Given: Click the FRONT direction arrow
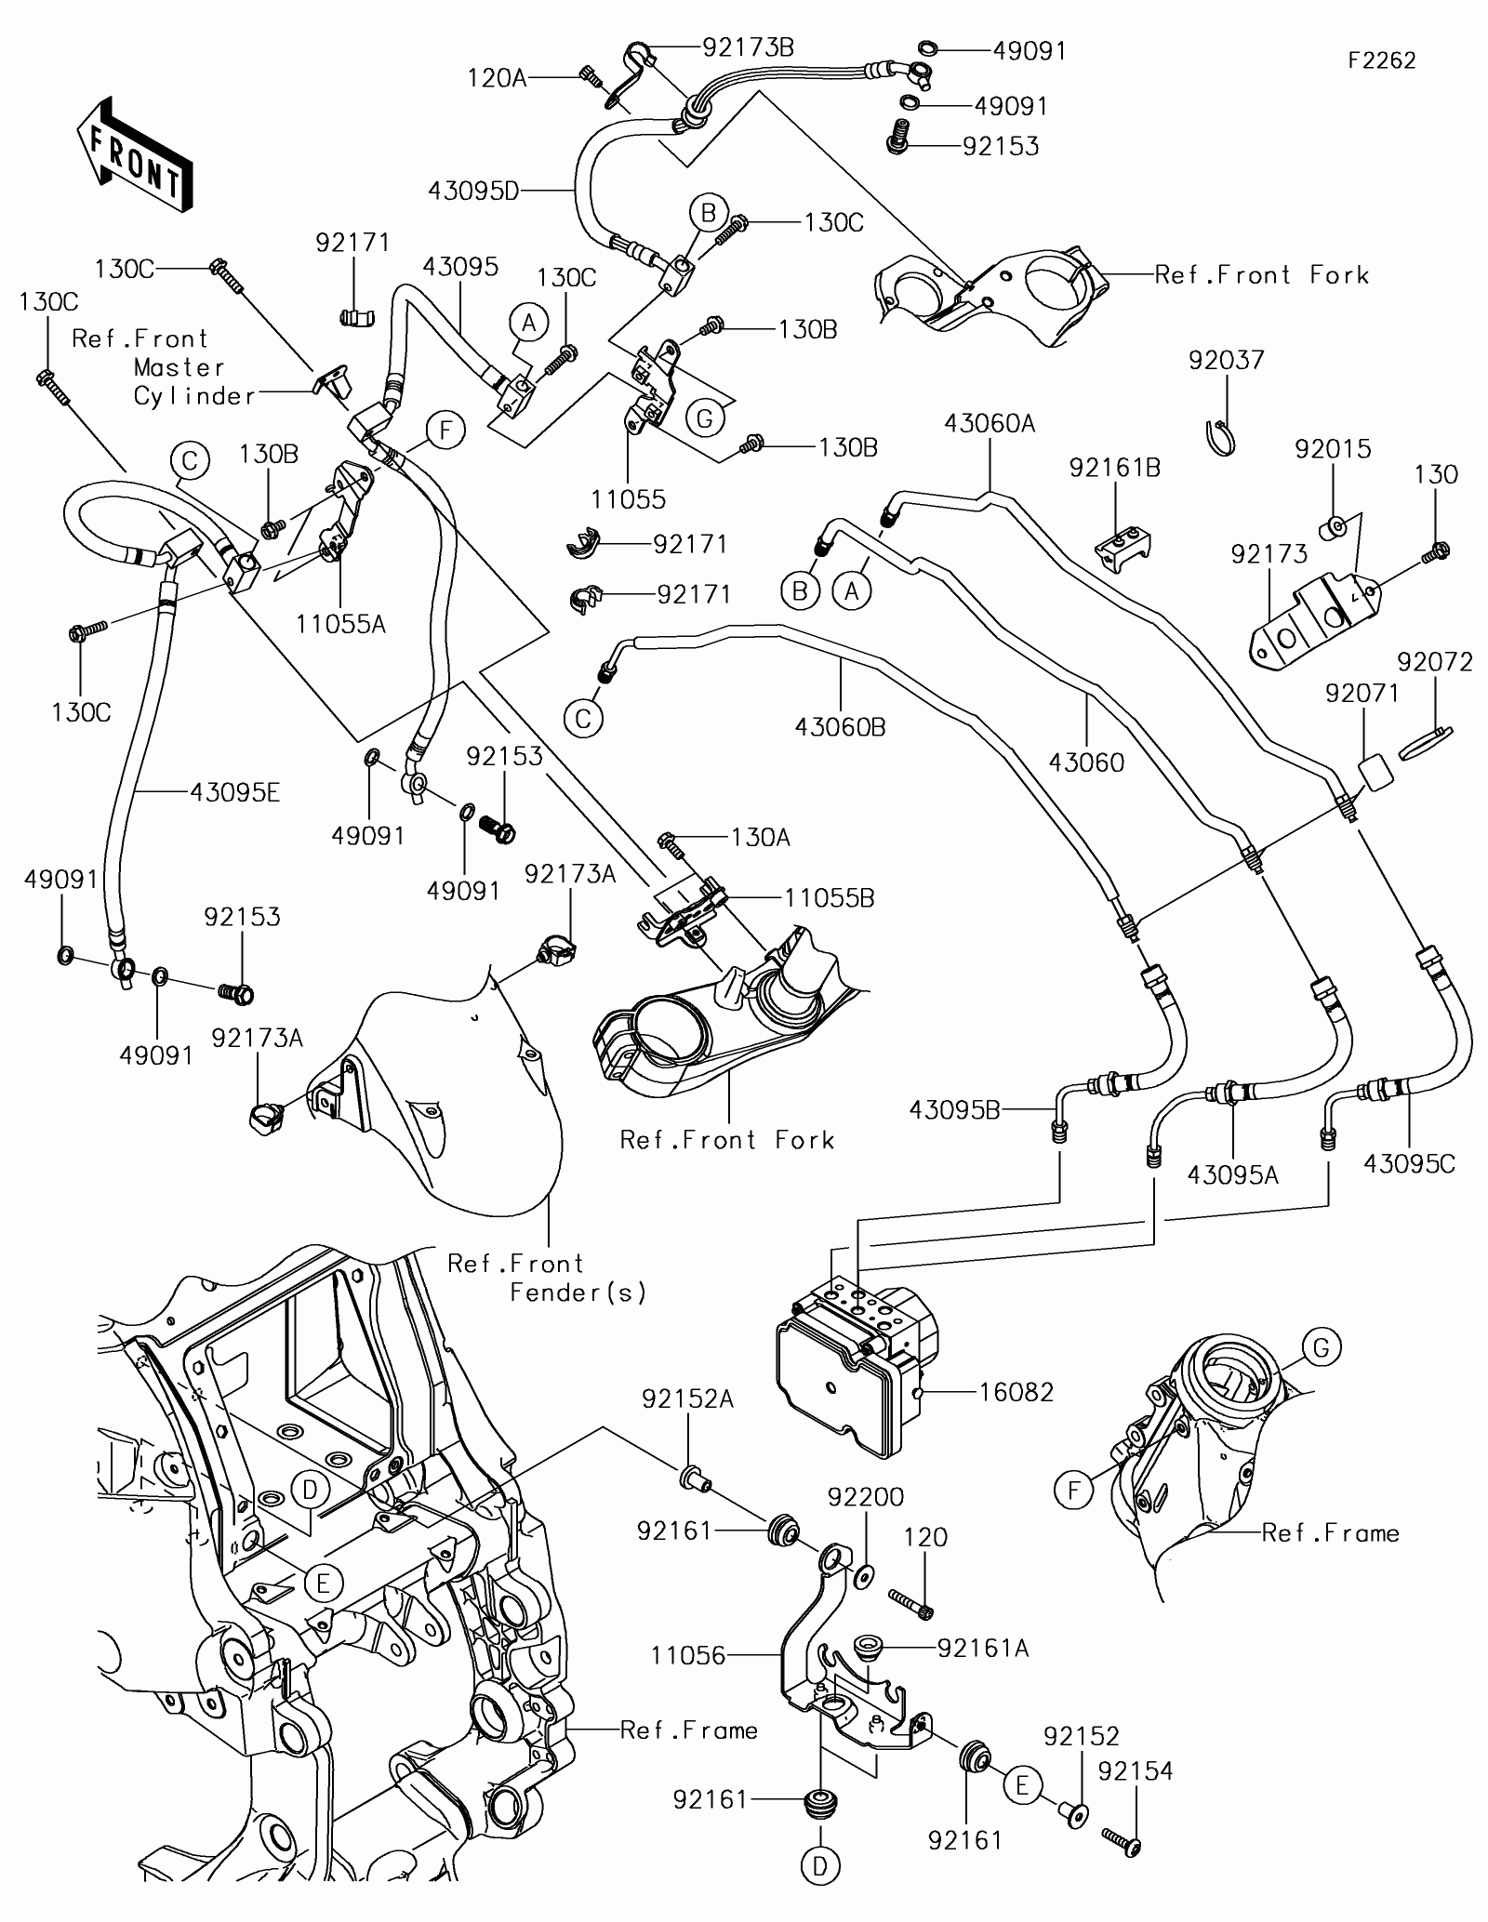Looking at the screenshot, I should [135, 153].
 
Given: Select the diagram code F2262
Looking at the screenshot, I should [1383, 60].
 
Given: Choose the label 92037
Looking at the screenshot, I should [1227, 360].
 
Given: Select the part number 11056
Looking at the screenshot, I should [688, 1656].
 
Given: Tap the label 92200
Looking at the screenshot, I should [866, 1497].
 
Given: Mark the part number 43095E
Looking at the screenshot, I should [234, 792].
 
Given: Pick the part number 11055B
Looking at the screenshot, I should [830, 898].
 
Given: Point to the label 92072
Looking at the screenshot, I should [1435, 662].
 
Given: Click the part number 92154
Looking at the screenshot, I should [1135, 1772].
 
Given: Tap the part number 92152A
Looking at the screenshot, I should [687, 1425].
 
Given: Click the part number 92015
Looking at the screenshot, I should [1333, 449].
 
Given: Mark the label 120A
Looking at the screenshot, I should [497, 78].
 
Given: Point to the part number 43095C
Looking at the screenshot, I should [1409, 1163].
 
